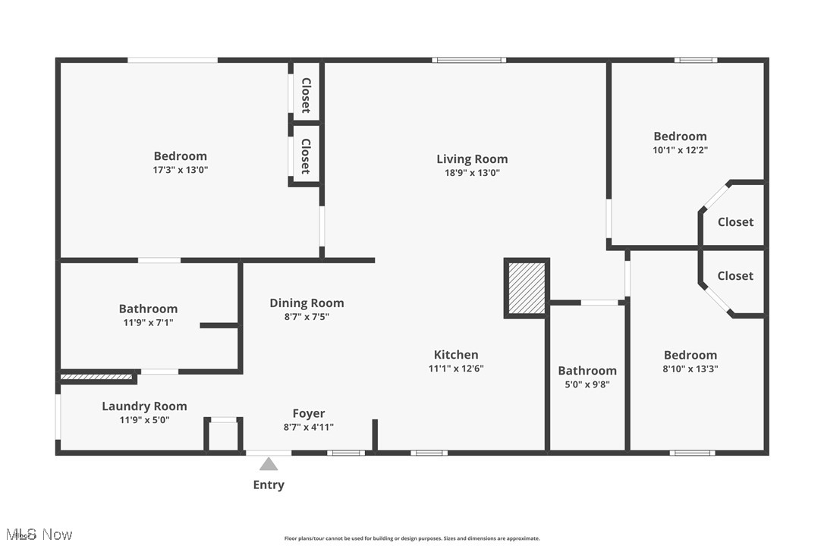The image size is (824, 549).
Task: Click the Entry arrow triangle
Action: click(269, 464)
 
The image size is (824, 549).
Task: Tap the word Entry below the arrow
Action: click(269, 485)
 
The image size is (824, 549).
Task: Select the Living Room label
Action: click(472, 159)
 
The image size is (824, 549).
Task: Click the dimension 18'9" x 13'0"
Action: click(472, 173)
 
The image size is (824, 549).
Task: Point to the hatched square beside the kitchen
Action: click(526, 288)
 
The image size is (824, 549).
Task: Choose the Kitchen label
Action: click(456, 355)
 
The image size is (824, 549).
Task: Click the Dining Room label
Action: click(307, 303)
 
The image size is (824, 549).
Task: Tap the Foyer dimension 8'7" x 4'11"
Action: click(308, 427)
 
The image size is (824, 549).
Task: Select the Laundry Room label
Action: click(144, 406)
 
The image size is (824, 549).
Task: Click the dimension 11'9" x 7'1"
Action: click(148, 322)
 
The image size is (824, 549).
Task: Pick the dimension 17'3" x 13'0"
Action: click(180, 171)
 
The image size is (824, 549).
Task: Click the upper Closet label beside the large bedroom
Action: click(306, 96)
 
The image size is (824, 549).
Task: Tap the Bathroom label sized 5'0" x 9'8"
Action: click(587, 371)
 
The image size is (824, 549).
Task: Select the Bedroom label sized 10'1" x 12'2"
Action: click(680, 136)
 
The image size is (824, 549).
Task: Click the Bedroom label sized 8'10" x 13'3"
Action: click(690, 355)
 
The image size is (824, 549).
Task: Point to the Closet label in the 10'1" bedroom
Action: click(735, 222)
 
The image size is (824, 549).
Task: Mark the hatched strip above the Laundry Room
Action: click(96, 376)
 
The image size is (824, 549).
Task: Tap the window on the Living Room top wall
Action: click(469, 60)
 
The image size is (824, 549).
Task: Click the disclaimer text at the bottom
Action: click(412, 538)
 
